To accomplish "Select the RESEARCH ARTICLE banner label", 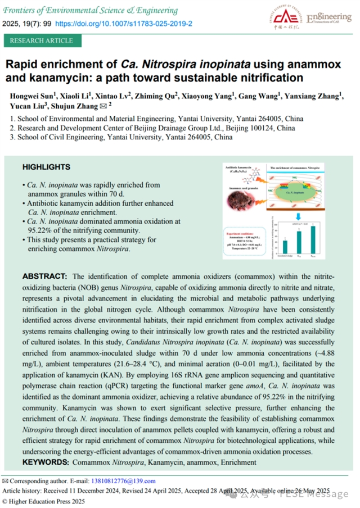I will coord(42,40).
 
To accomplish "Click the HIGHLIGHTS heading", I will coord(46,167).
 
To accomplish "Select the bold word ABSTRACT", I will coord(44,276).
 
